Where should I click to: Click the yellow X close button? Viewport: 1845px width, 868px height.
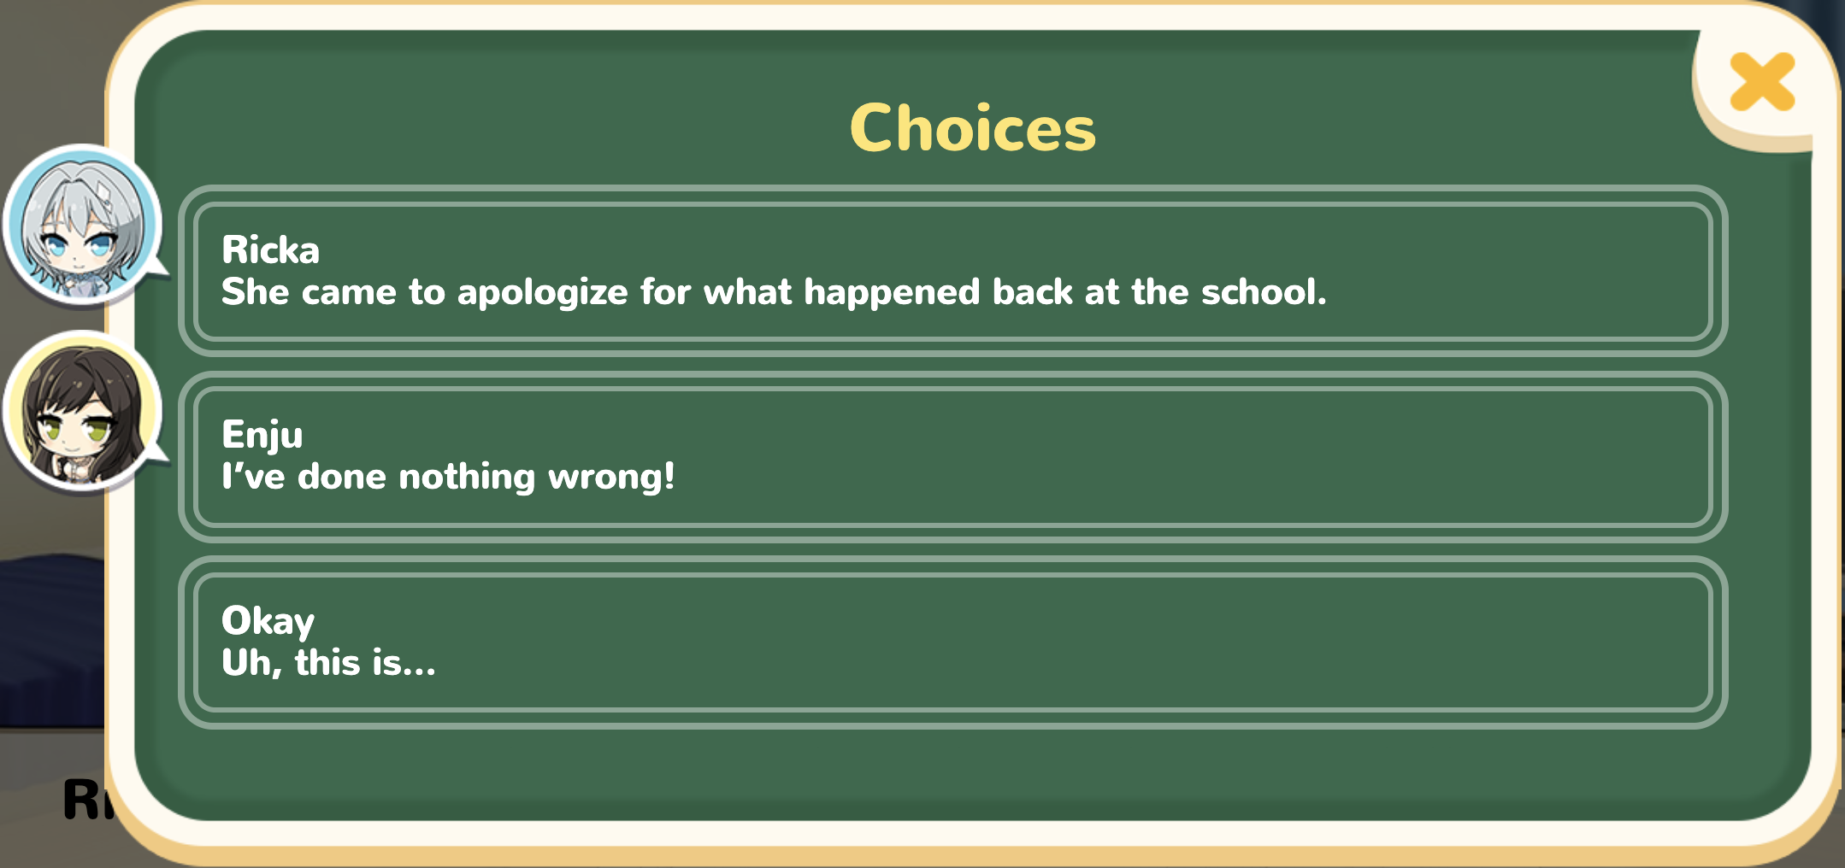click(x=1762, y=82)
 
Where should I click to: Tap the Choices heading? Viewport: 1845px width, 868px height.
click(x=973, y=128)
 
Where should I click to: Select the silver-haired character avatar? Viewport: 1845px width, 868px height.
click(x=83, y=225)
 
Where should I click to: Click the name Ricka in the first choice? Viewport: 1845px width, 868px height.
click(x=270, y=250)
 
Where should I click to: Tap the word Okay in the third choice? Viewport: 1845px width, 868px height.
click(x=268, y=621)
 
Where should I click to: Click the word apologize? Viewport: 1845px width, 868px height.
click(x=543, y=293)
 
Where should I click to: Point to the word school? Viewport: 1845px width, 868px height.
click(x=1264, y=291)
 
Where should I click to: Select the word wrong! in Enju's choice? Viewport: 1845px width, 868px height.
click(x=611, y=477)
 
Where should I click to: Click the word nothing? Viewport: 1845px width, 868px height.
click(x=467, y=477)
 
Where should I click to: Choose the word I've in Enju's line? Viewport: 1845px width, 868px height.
click(x=253, y=476)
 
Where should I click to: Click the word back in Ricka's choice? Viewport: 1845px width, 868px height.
click(x=1033, y=291)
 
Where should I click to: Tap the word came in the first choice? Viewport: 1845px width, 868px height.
click(x=349, y=293)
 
